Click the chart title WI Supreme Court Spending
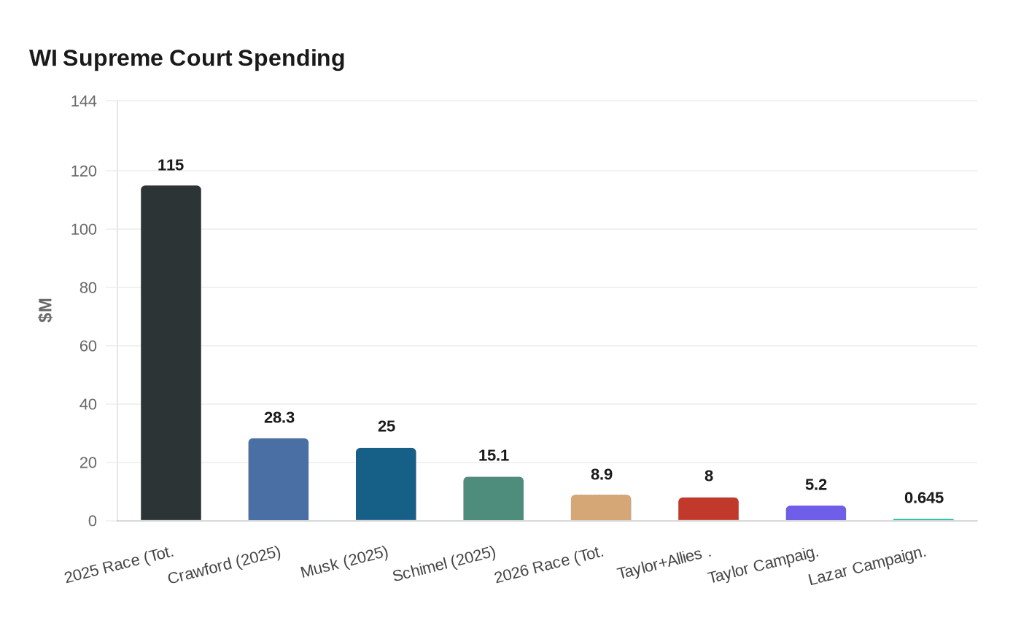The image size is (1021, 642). click(187, 58)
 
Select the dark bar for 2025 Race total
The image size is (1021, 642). click(171, 353)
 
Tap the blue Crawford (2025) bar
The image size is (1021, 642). click(279, 479)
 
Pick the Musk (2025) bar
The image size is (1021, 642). click(386, 484)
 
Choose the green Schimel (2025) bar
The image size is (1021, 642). click(494, 499)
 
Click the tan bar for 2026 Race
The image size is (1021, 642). click(601, 508)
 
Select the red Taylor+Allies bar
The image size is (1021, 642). click(708, 509)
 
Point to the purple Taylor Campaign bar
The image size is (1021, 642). click(816, 513)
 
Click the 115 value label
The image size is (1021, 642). click(171, 166)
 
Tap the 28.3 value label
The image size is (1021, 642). click(279, 418)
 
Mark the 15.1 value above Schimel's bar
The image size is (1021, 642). click(494, 456)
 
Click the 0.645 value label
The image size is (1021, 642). click(924, 498)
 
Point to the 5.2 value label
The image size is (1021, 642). click(816, 485)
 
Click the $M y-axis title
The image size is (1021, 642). click(45, 310)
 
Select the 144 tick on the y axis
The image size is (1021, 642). click(84, 101)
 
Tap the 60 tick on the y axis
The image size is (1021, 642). click(88, 346)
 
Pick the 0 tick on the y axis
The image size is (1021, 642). click(93, 521)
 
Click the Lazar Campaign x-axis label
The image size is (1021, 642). click(867, 566)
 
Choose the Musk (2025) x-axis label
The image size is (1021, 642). click(344, 562)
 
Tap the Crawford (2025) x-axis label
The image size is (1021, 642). click(224, 565)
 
